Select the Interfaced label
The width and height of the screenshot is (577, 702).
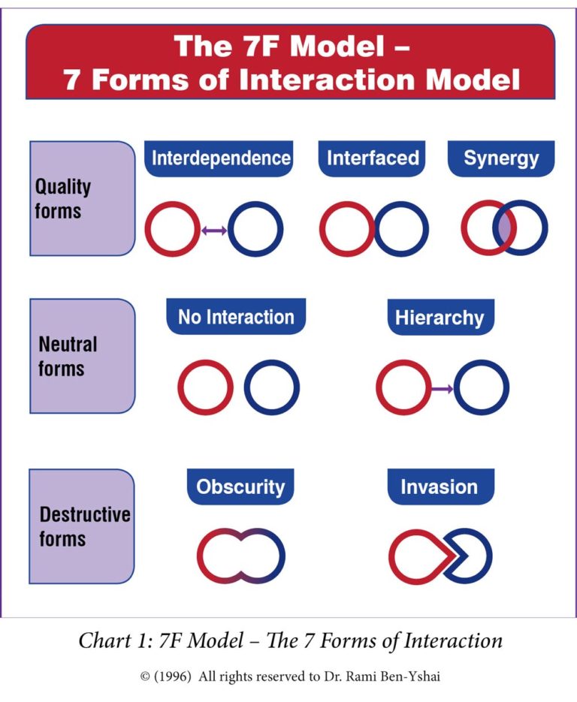pyautogui.click(x=373, y=158)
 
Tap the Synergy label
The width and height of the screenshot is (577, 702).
pyautogui.click(x=501, y=158)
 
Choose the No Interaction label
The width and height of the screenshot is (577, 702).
pyautogui.click(x=235, y=317)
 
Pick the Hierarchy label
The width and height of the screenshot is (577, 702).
pyautogui.click(x=440, y=317)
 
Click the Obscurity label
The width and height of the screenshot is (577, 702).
pyautogui.click(x=240, y=487)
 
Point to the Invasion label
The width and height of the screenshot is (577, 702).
pyautogui.click(x=439, y=487)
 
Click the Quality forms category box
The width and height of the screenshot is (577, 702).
pyautogui.click(x=81, y=198)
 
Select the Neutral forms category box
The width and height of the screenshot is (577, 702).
pyautogui.click(x=81, y=356)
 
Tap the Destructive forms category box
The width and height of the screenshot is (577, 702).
pyautogui.click(x=81, y=527)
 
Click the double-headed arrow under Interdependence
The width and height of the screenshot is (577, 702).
pyautogui.click(x=214, y=231)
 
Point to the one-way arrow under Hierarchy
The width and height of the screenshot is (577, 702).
pyautogui.click(x=443, y=388)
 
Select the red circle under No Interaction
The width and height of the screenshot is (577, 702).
pyautogui.click(x=205, y=387)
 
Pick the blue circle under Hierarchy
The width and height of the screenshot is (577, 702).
pyautogui.click(x=482, y=388)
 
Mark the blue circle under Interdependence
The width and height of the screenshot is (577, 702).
pyautogui.click(x=255, y=230)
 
